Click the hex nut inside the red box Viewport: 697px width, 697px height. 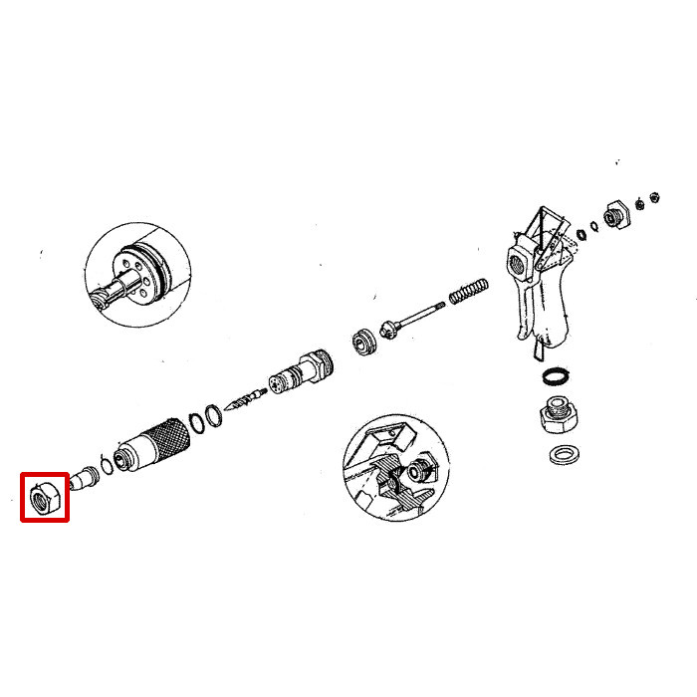[45, 496]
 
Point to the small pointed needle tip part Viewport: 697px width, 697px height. [243, 401]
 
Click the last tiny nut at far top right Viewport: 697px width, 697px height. [655, 196]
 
